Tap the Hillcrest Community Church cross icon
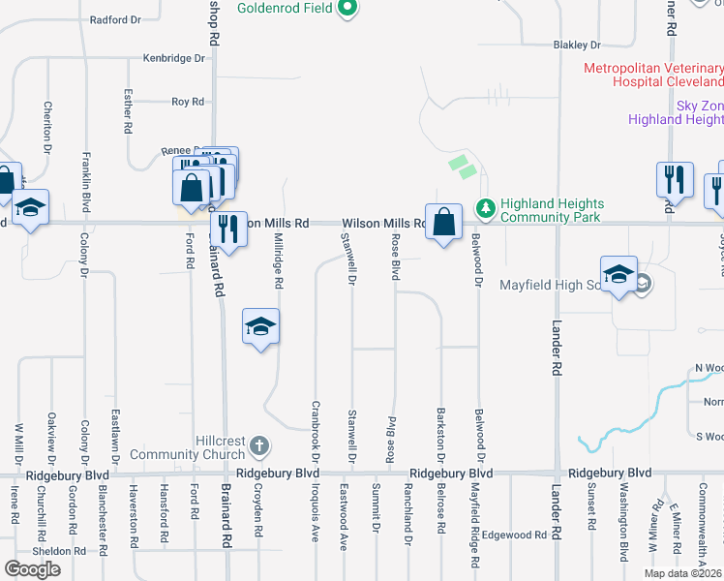click(257, 445)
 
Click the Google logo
click(33, 569)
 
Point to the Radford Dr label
click(115, 19)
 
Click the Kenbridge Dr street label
click(175, 58)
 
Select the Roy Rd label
click(188, 102)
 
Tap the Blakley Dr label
click(577, 45)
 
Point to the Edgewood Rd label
click(514, 535)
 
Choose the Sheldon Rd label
click(59, 551)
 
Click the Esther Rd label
click(128, 111)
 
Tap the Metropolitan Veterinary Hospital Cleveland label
click(653, 76)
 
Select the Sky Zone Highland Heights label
click(676, 112)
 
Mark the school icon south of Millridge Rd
click(260, 327)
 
